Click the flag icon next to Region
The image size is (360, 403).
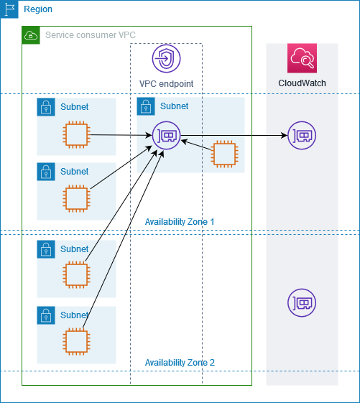(x=9, y=9)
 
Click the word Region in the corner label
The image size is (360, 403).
(x=38, y=9)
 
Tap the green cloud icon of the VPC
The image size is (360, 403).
(x=31, y=35)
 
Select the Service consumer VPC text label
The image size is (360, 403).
(x=90, y=35)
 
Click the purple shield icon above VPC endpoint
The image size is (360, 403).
(x=166, y=59)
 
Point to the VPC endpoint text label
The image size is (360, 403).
(x=166, y=84)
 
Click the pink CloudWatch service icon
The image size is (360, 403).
(x=302, y=58)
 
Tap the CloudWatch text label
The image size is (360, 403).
(x=302, y=83)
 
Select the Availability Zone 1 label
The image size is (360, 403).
(x=180, y=222)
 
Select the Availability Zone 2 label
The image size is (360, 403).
(x=180, y=363)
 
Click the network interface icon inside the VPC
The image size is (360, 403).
(x=166, y=135)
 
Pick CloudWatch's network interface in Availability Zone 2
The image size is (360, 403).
(x=301, y=303)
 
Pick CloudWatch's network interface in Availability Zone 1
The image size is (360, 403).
(x=301, y=135)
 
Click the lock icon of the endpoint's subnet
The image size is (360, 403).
(x=145, y=107)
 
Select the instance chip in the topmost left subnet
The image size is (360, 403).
(x=76, y=134)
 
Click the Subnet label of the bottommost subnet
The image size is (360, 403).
(x=75, y=315)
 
